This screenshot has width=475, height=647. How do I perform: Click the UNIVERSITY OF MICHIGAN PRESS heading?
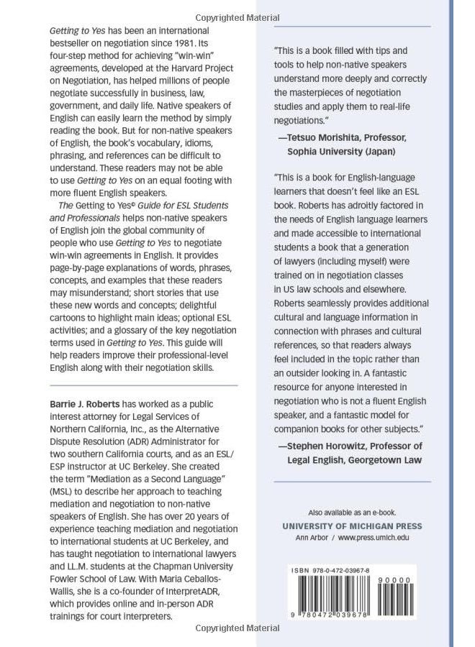click(352, 526)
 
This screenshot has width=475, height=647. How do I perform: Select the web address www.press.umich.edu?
click(377, 538)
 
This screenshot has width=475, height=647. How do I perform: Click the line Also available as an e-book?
click(352, 512)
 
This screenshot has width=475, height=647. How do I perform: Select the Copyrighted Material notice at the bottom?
click(237, 628)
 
